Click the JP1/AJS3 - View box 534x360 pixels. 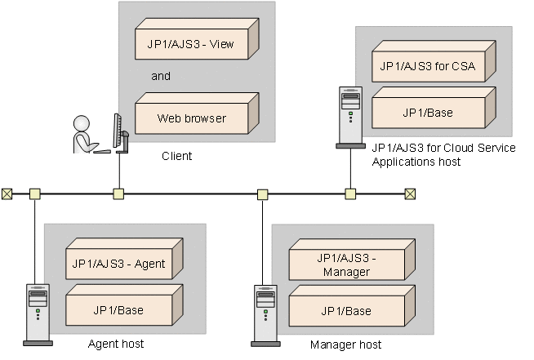(195, 45)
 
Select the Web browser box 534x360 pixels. (192, 118)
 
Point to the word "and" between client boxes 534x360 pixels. (161, 76)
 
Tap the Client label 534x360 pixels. (176, 155)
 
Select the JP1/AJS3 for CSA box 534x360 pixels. (428, 64)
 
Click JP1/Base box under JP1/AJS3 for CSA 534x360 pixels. (428, 112)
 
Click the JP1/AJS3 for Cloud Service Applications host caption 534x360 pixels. (443, 154)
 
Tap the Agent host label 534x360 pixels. (116, 344)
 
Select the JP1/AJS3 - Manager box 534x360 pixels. (346, 264)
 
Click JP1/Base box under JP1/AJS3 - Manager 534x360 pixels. (346, 311)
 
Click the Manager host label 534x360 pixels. (346, 344)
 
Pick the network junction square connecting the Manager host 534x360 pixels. (262, 194)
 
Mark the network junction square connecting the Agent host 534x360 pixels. (34, 193)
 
